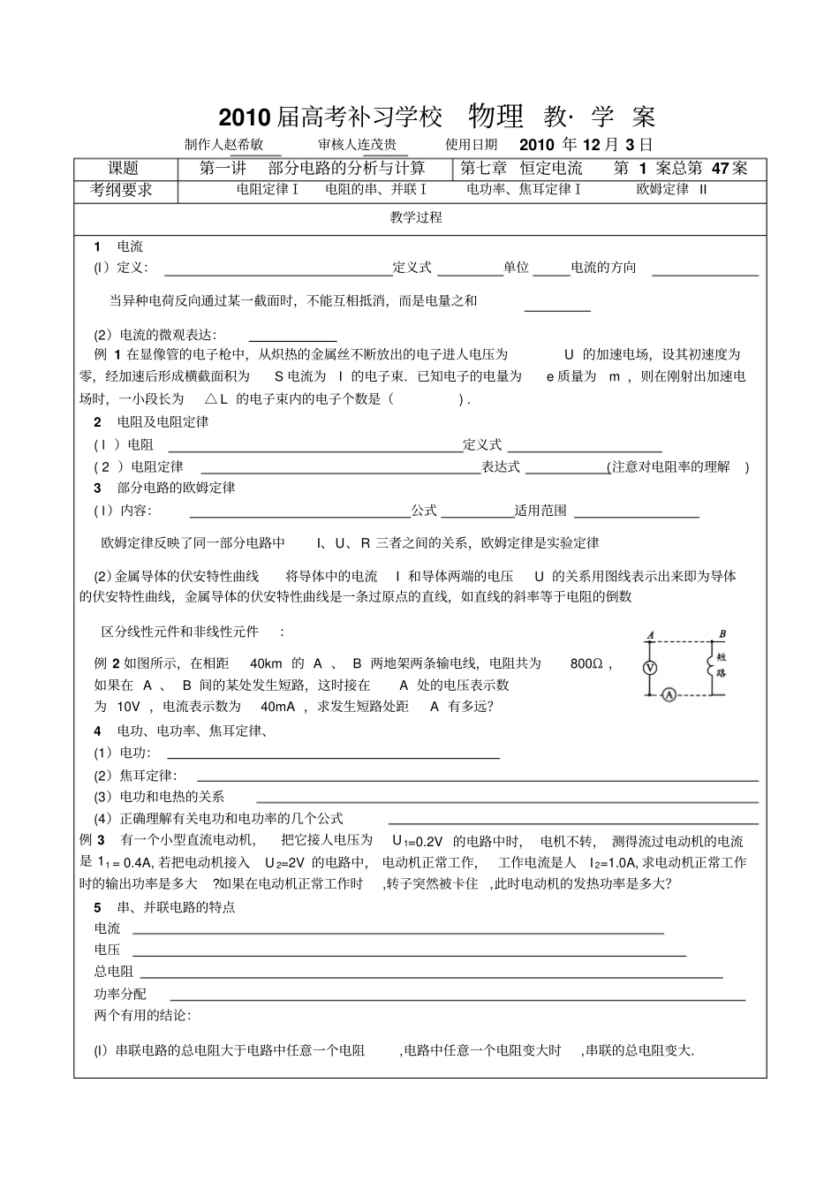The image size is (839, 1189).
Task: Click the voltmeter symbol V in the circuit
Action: (650, 669)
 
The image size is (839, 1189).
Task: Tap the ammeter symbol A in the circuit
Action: (669, 695)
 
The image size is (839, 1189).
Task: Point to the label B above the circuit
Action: (722, 633)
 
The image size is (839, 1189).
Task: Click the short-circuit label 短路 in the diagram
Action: (721, 664)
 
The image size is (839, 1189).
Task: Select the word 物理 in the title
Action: (495, 116)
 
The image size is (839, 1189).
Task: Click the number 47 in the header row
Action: (721, 168)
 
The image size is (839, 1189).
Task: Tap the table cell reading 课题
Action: (124, 168)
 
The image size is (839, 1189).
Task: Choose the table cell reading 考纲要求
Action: (122, 189)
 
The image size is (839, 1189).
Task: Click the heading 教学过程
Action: (416, 217)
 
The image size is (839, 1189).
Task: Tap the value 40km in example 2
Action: (266, 663)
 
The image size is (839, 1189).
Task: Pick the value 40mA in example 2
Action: (278, 706)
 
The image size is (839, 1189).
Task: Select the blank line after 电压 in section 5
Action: (408, 955)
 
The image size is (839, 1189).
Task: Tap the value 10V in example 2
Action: (128, 706)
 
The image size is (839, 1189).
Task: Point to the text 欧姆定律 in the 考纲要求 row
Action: (662, 189)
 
